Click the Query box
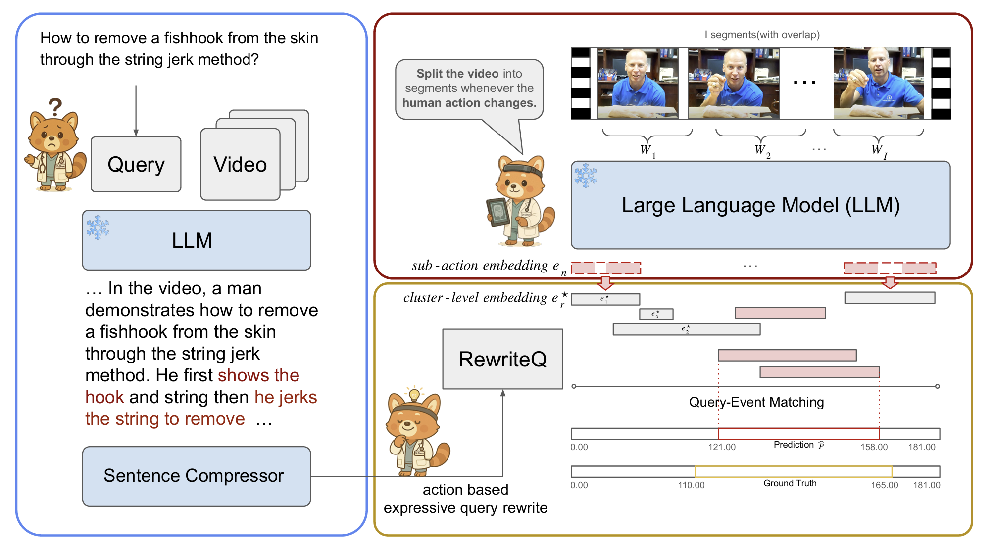136,164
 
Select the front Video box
240,164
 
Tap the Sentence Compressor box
197,476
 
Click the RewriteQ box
502,359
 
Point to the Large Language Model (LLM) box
760,205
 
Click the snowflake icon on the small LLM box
98,227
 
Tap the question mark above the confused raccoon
55,106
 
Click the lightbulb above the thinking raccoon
414,394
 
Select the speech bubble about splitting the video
469,89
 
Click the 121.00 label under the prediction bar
722,447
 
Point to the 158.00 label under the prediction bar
874,447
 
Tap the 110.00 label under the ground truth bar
691,485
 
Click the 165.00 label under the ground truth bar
884,485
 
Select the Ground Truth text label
790,483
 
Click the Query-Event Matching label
756,402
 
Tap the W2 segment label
762,150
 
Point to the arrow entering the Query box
136,111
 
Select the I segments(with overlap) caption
762,35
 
